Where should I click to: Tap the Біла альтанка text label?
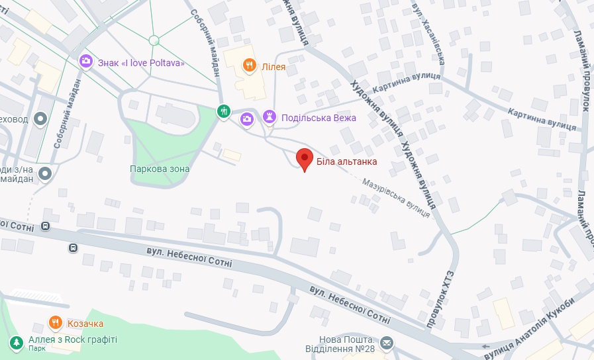click(x=346, y=161)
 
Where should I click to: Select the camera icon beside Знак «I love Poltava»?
click(x=85, y=62)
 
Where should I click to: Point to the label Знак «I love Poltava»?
click(x=141, y=64)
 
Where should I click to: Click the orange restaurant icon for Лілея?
click(x=249, y=65)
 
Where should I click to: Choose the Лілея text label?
click(x=273, y=66)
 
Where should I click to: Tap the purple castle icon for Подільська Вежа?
click(x=269, y=117)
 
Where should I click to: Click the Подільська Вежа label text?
click(x=319, y=118)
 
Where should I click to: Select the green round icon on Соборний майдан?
click(x=224, y=111)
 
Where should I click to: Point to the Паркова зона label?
click(x=160, y=169)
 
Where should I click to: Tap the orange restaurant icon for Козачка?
click(x=56, y=323)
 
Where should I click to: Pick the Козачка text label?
click(x=85, y=324)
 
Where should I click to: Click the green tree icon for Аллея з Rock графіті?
click(x=16, y=342)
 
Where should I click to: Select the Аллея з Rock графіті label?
click(x=72, y=339)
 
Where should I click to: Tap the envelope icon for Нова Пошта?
click(x=386, y=343)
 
